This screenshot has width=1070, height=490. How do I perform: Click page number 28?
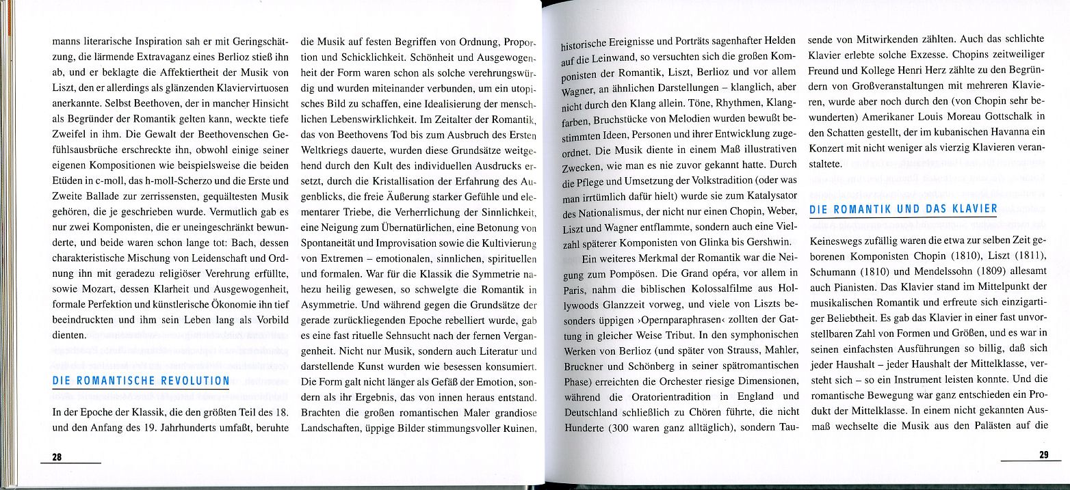click(57, 458)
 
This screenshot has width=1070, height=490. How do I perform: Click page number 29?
click(1044, 456)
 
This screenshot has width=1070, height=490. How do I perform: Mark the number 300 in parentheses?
click(625, 428)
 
